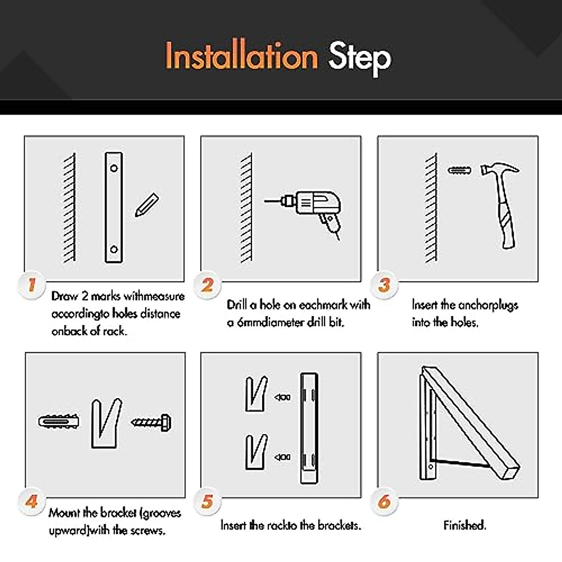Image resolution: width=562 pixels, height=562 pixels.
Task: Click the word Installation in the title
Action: coord(242,56)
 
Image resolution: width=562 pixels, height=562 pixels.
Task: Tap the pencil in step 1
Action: coord(147,205)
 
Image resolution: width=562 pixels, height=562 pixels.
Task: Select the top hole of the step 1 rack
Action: coord(114,168)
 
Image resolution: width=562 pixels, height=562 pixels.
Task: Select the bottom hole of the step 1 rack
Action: coord(114,249)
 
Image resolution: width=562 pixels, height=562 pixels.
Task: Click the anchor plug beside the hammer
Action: coord(459,170)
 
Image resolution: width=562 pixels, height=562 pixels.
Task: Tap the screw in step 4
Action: coord(151,422)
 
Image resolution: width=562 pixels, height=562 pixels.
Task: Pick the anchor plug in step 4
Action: coord(59,421)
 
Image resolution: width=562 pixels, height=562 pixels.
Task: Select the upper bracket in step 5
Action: coord(256,394)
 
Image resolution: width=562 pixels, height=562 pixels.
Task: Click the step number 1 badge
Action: coord(32,285)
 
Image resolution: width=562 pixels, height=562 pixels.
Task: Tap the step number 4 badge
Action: coord(31,502)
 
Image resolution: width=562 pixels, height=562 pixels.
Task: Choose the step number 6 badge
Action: coord(384,502)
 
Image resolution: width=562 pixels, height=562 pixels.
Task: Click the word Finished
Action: coord(465,525)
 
